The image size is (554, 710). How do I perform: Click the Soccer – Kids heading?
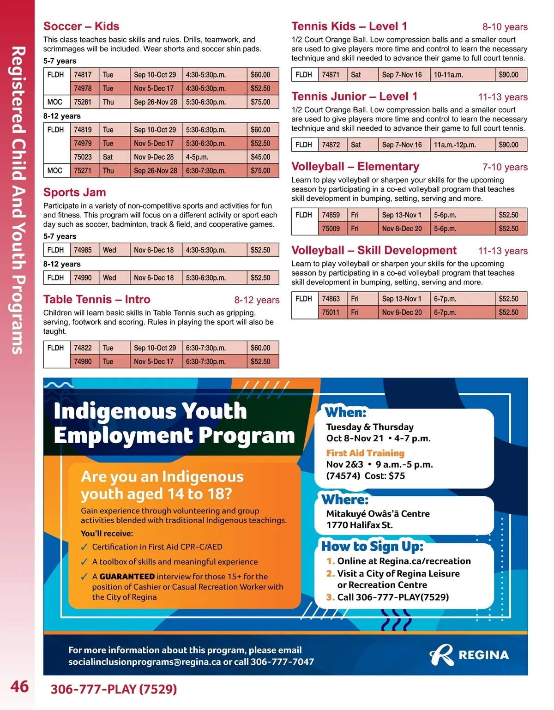(x=81, y=26)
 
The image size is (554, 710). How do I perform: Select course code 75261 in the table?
(x=83, y=102)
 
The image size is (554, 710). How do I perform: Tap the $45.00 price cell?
(x=260, y=157)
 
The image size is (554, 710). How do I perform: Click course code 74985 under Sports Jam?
(x=83, y=250)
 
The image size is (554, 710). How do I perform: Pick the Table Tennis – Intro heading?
(x=97, y=300)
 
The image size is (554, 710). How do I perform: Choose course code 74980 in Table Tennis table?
(x=83, y=362)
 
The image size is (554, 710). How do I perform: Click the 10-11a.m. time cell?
(x=448, y=75)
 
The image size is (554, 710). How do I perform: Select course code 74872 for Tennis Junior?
(x=331, y=145)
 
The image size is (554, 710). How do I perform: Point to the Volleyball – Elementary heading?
(x=355, y=167)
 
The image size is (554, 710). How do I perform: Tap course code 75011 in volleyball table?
(x=331, y=313)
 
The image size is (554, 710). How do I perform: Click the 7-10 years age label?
(x=505, y=167)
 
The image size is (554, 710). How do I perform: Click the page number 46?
(x=19, y=686)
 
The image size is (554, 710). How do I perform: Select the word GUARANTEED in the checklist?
(x=127, y=577)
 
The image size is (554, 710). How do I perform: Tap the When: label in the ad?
(x=345, y=412)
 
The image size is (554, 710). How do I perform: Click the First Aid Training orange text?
(x=365, y=453)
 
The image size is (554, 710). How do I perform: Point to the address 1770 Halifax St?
(x=359, y=525)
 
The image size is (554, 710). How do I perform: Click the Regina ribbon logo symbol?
(x=441, y=655)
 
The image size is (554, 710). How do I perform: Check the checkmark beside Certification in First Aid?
(x=84, y=547)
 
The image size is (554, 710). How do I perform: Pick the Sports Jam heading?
(x=75, y=193)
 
